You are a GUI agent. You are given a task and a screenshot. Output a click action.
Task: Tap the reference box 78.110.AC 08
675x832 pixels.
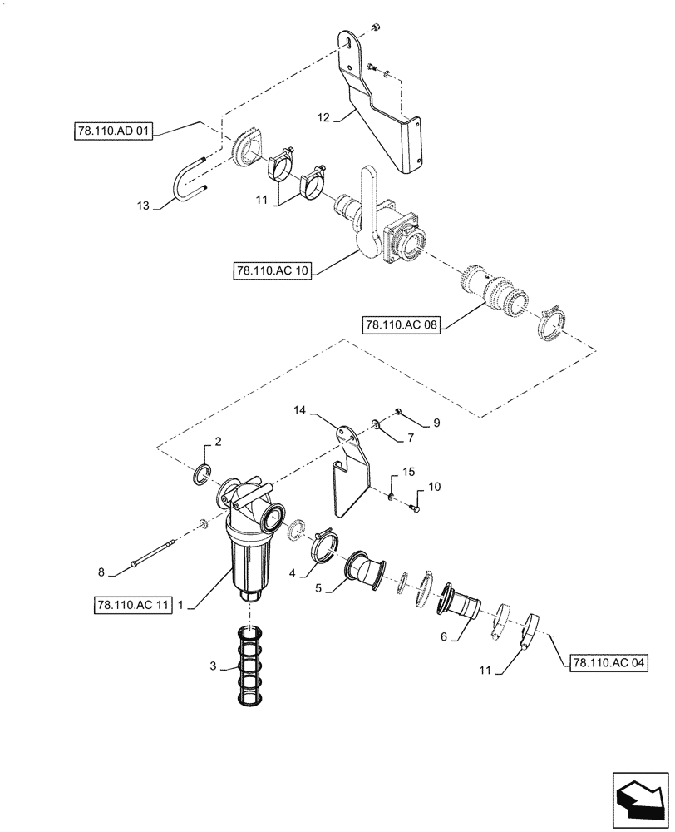[x=401, y=324]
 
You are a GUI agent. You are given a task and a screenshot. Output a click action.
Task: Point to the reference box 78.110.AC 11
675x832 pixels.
[x=133, y=607]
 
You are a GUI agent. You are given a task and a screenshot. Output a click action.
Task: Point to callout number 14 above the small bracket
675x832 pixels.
[x=300, y=409]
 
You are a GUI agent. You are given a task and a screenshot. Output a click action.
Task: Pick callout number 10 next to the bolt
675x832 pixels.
[x=435, y=486]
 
